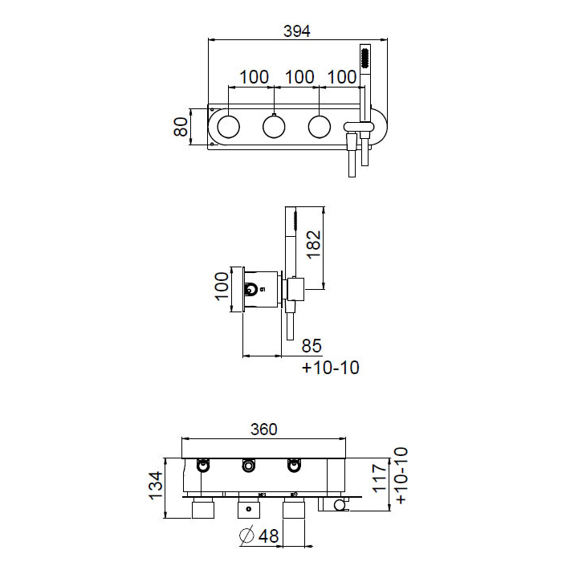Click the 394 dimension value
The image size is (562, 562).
tap(297, 31)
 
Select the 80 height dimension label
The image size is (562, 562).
tap(181, 127)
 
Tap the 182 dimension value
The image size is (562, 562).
tap(314, 244)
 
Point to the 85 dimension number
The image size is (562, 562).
tap(312, 345)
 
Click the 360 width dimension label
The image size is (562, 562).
tap(264, 429)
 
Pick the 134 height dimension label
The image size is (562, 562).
tap(156, 486)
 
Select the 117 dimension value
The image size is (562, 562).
tap(380, 479)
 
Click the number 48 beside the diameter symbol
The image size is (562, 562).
tap(268, 536)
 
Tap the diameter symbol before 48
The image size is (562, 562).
tap(247, 536)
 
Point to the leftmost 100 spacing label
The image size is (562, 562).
tap(254, 77)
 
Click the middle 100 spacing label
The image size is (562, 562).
tap(299, 77)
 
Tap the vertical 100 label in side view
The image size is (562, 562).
tap(222, 286)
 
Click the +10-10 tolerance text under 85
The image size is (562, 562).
tap(330, 368)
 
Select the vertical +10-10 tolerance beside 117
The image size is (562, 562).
tap(401, 475)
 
